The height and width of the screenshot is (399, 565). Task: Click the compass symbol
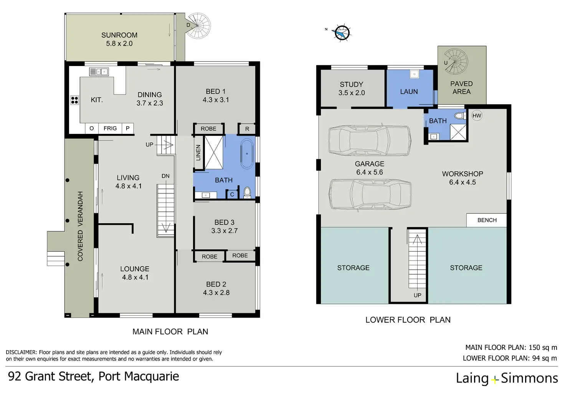[341, 33]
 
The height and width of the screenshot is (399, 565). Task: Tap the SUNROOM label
[119, 35]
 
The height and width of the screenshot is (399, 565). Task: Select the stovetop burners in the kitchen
[74, 100]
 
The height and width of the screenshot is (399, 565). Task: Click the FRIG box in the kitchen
[110, 129]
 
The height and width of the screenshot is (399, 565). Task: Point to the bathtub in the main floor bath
[247, 153]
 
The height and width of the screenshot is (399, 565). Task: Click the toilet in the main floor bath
[247, 191]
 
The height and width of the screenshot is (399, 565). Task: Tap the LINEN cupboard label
[198, 153]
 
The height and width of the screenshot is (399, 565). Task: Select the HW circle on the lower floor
[477, 115]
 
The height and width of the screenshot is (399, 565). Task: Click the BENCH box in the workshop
[487, 220]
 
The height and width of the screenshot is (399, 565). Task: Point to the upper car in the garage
[370, 140]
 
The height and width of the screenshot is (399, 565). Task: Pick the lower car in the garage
[370, 195]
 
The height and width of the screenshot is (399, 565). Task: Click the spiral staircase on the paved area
[456, 62]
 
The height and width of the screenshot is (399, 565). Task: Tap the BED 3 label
[224, 223]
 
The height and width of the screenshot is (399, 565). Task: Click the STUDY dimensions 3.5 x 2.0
[352, 93]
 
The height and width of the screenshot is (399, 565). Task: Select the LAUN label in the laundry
[409, 92]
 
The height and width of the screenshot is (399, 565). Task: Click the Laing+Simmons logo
[507, 378]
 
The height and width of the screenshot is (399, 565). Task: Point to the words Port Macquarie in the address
[139, 376]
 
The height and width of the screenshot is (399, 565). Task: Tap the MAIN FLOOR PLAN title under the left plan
[170, 331]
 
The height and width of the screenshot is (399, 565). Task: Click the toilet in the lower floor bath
[459, 115]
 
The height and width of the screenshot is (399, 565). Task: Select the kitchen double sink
[99, 71]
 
